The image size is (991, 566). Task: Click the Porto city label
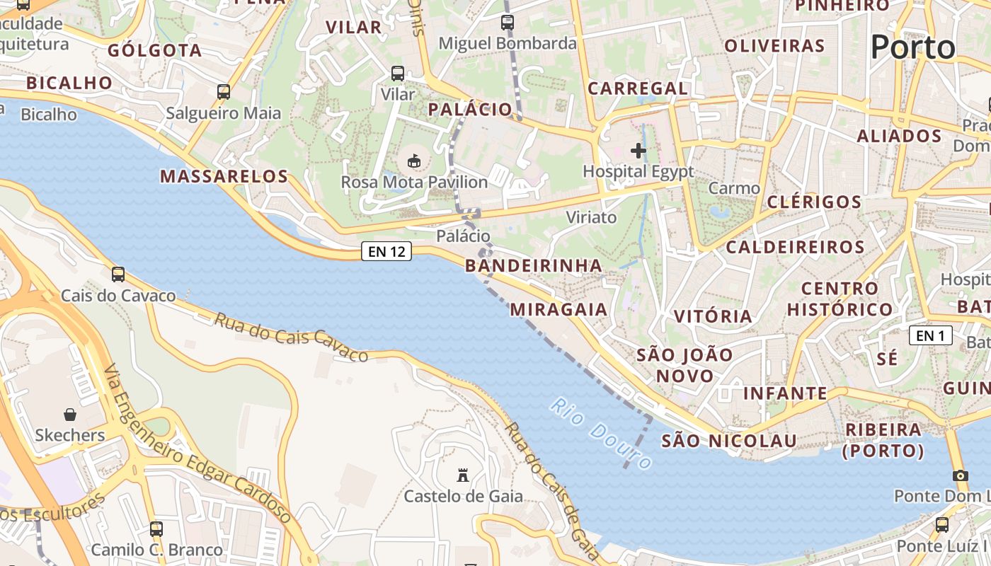(912, 47)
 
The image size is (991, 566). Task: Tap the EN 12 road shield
(386, 251)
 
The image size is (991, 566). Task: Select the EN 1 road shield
(930, 335)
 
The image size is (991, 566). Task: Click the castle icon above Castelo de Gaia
(463, 475)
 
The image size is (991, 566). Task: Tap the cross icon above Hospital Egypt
(638, 150)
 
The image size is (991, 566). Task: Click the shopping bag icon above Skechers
(70, 414)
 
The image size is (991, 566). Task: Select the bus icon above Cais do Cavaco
(118, 275)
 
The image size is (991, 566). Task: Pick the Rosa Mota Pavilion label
(414, 182)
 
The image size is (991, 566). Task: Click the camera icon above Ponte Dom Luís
(961, 475)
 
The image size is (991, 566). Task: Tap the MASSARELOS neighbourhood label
(224, 176)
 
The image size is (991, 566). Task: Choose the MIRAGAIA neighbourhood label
(558, 309)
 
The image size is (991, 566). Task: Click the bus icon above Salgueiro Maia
(224, 92)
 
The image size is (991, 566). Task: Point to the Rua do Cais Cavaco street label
(291, 337)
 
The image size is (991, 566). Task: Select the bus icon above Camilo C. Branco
(156, 529)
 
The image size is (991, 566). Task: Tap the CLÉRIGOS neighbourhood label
(814, 202)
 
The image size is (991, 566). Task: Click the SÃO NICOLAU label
(729, 441)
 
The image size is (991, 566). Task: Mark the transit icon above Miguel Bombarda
(508, 23)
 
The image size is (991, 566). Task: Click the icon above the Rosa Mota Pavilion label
(414, 161)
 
